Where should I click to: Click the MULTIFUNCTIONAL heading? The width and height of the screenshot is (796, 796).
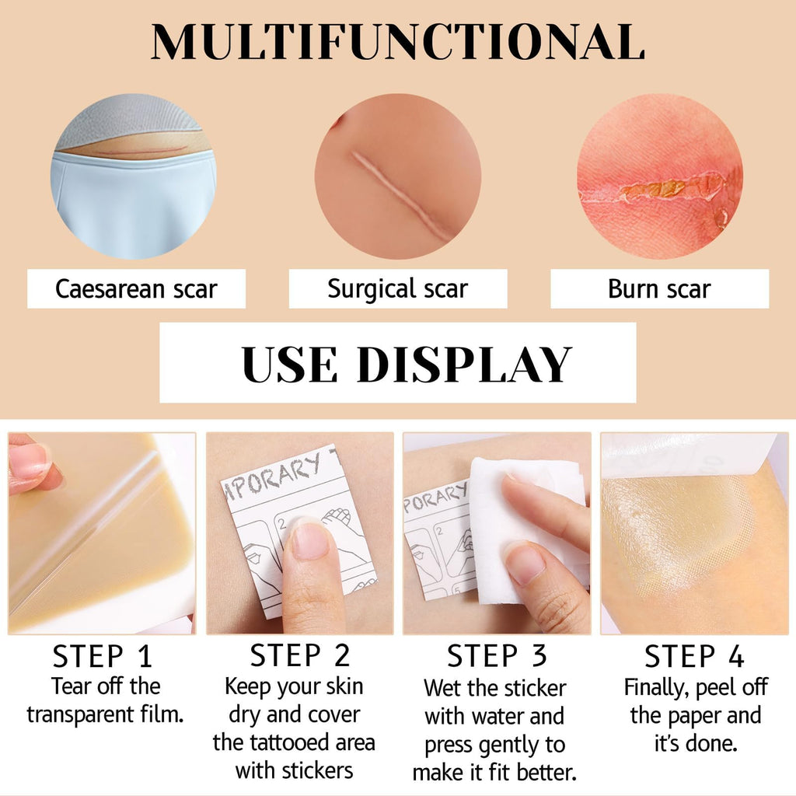(397, 42)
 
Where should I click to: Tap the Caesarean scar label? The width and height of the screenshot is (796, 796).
(136, 289)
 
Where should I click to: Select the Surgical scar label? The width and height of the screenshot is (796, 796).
(397, 289)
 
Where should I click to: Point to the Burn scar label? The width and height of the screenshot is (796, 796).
(659, 289)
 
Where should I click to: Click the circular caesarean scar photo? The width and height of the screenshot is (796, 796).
(134, 176)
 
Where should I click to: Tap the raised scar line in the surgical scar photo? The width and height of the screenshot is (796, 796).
(401, 195)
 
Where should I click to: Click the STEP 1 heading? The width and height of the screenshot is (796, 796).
(103, 656)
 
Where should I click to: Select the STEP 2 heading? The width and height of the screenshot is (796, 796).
(300, 655)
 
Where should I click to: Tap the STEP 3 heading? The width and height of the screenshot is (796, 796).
(497, 655)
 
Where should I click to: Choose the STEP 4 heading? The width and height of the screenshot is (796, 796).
(694, 656)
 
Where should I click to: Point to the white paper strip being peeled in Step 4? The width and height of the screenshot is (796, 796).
(688, 454)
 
